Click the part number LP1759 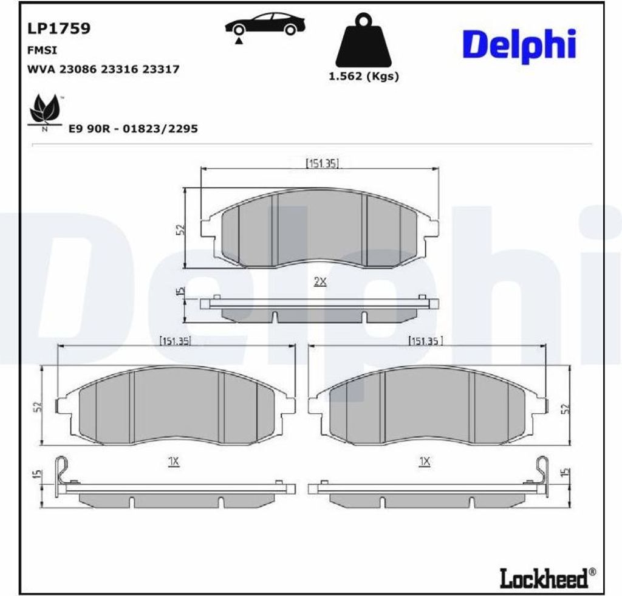pos(59,28)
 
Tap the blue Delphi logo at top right pos(519,46)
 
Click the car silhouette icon pos(265,24)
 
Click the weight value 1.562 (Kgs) pos(364,76)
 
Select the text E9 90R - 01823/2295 pos(133,129)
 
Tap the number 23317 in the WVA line pos(160,69)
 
